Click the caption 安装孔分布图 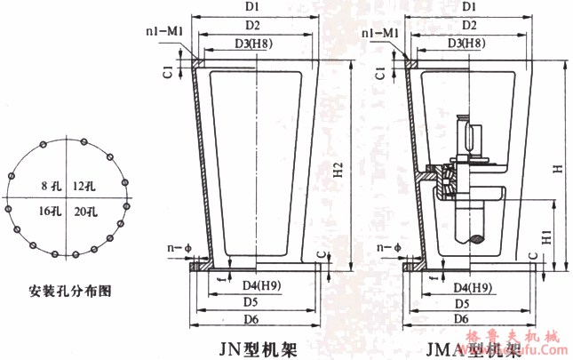[65, 290]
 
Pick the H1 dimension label [549, 236]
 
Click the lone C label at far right [558, 259]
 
